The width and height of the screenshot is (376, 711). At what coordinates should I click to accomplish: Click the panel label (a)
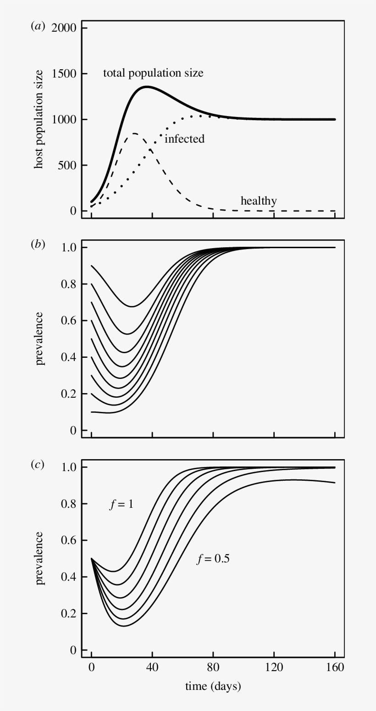tap(38, 27)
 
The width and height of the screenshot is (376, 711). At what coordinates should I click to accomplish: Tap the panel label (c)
tap(38, 465)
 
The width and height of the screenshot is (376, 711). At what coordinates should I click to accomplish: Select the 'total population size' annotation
tap(153, 73)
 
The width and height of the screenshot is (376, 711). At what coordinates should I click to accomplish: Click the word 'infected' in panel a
tap(184, 139)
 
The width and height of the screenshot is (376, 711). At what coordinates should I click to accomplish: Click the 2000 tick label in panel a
tap(64, 28)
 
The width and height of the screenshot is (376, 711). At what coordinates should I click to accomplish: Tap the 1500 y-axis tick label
tap(64, 74)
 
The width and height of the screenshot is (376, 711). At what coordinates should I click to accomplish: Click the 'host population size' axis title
tap(39, 119)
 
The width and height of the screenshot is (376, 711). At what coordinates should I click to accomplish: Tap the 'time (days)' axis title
tap(213, 687)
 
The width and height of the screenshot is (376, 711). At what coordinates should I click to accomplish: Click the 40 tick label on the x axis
tap(152, 667)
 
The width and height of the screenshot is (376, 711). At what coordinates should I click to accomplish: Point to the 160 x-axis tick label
tap(335, 667)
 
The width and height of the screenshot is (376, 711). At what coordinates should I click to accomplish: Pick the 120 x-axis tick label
tap(274, 667)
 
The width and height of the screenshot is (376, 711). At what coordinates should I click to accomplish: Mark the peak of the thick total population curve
tap(147, 86)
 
